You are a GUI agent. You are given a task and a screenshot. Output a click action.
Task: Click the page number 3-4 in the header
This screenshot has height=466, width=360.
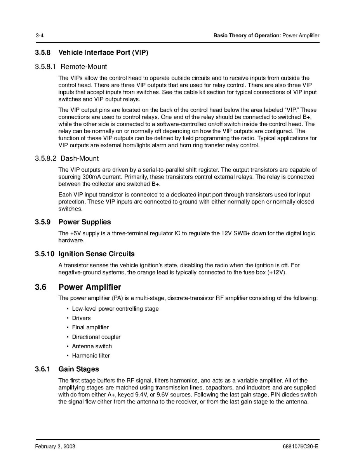point(39,36)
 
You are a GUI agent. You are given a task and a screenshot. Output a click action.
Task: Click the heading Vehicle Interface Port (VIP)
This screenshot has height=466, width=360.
point(103,52)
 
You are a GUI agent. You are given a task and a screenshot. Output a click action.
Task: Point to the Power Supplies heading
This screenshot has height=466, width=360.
point(84,222)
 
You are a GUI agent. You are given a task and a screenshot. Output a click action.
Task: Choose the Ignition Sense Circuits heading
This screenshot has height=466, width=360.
point(96,254)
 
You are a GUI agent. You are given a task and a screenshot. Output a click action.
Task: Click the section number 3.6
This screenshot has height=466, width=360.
point(40,287)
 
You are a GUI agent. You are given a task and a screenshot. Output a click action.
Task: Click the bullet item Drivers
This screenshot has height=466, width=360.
point(81,318)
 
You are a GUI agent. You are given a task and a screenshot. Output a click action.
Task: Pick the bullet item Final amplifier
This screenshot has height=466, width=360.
point(90,327)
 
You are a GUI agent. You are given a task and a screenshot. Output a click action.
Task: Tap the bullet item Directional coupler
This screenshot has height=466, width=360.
point(96,337)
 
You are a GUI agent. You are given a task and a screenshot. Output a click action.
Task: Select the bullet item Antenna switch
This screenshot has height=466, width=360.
point(92,346)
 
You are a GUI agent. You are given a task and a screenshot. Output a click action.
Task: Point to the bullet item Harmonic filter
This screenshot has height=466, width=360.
point(90,356)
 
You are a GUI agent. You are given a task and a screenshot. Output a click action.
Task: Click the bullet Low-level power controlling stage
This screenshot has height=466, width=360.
point(115,309)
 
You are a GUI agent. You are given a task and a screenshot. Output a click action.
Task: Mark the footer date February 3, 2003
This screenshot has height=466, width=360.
point(55,447)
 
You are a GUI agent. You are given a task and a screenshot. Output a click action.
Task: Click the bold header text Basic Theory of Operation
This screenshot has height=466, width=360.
point(247,36)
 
